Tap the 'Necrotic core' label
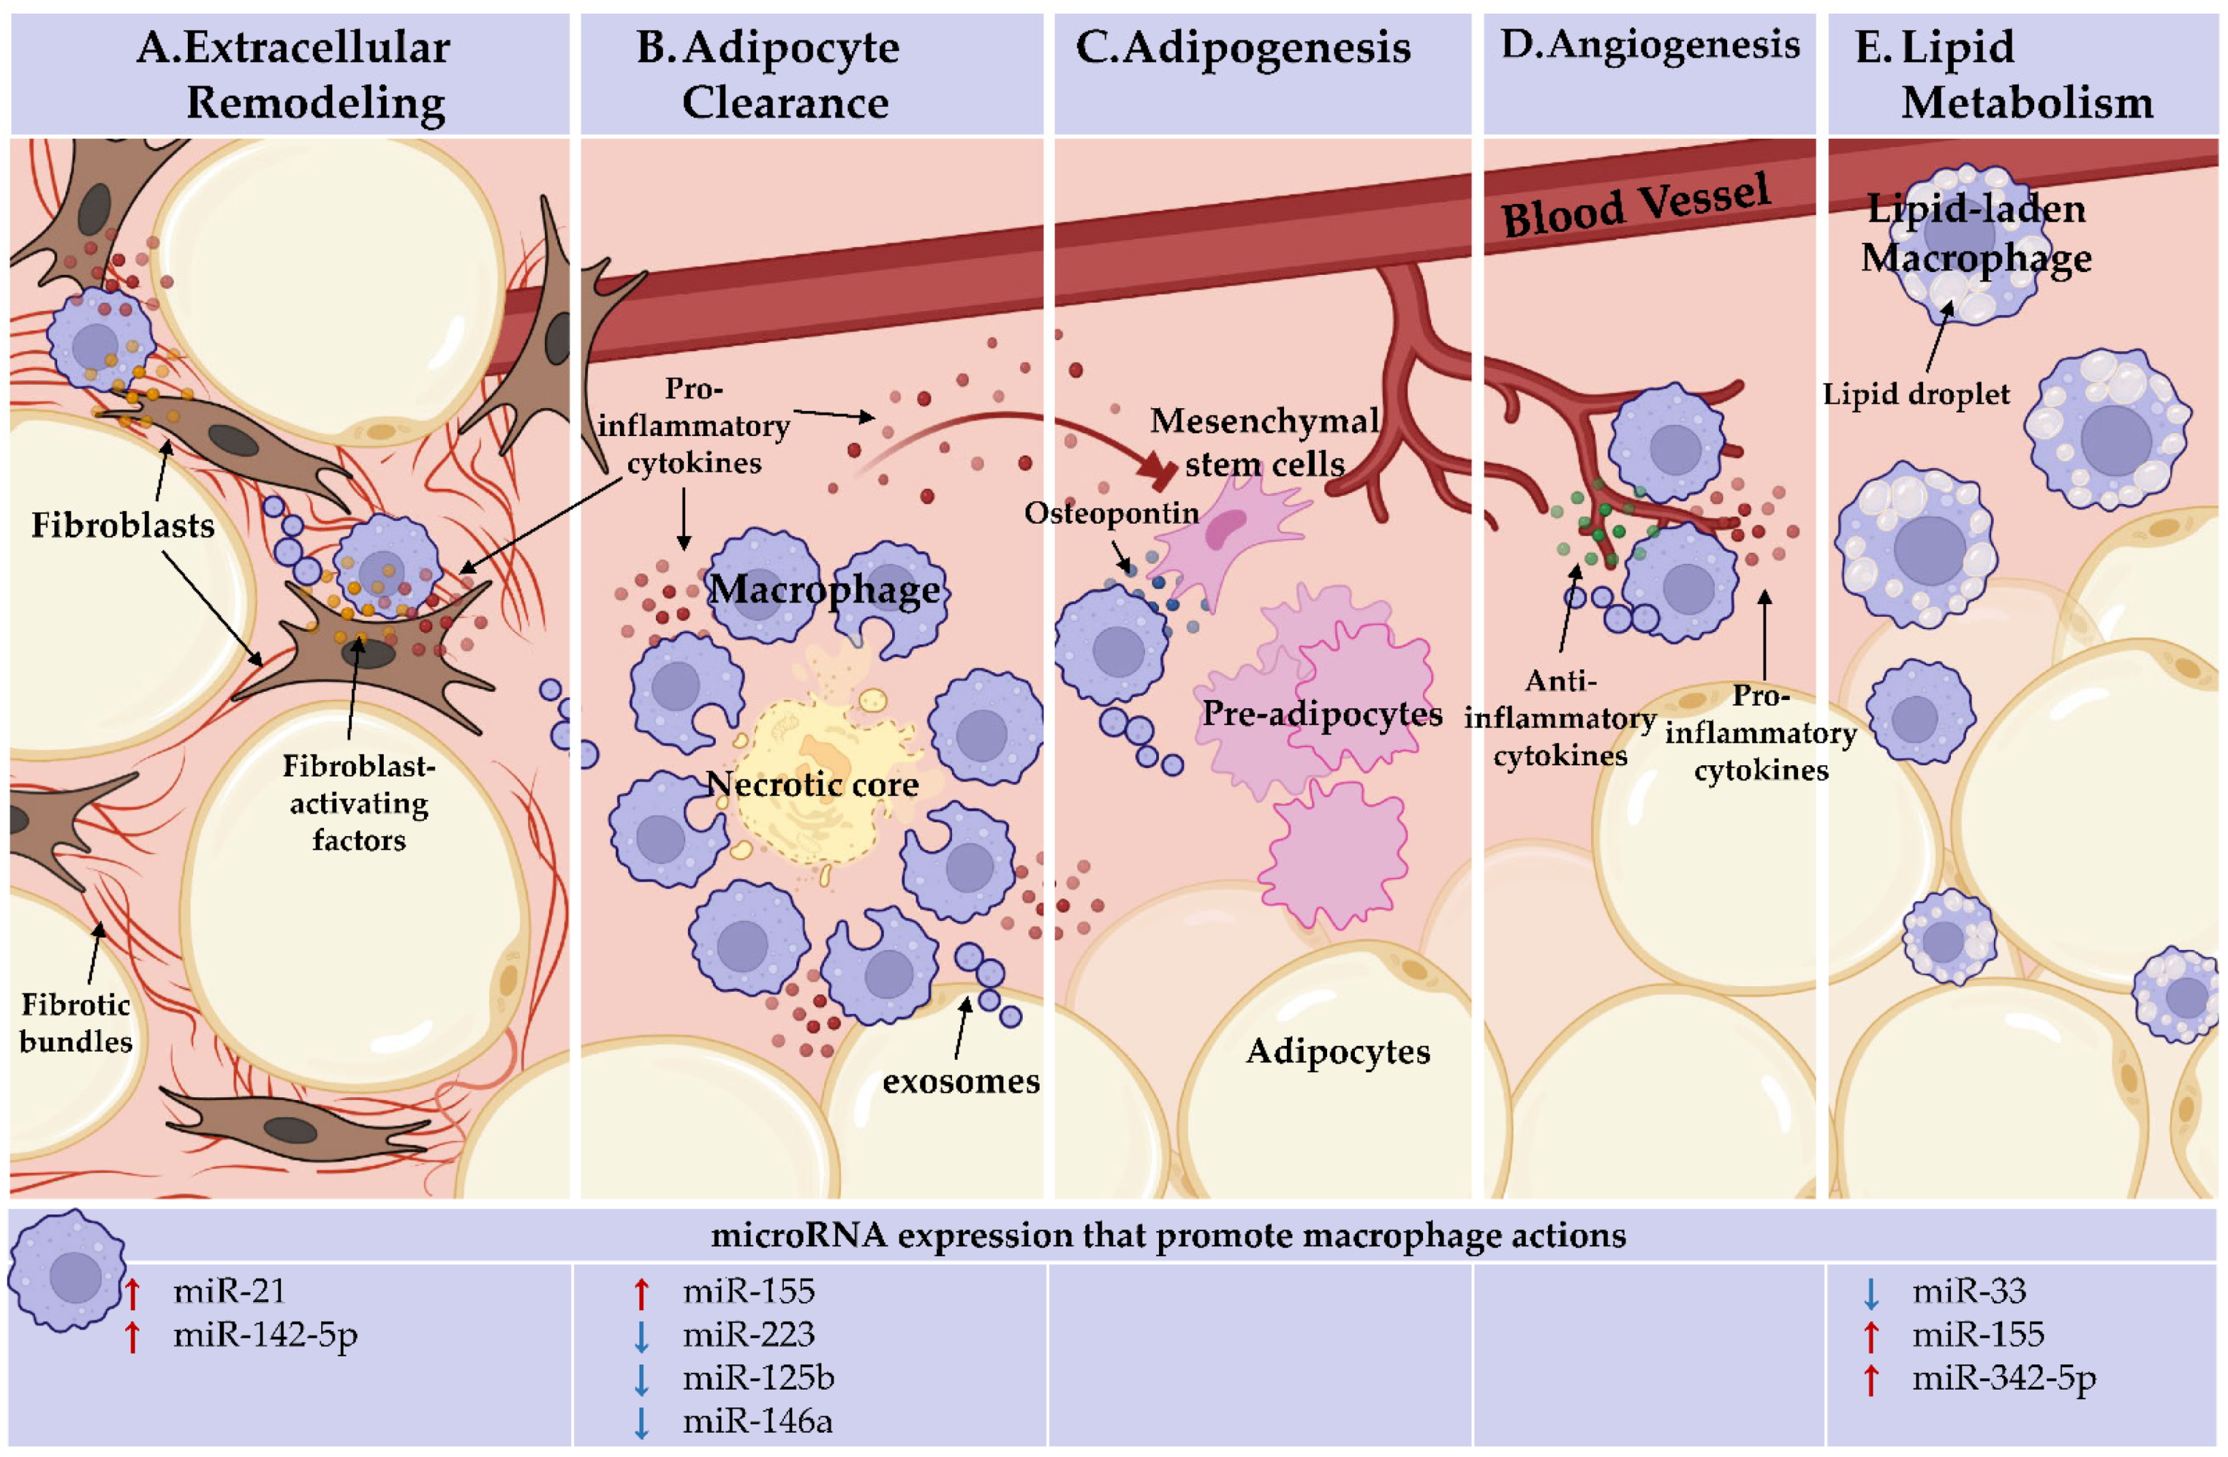point(812,784)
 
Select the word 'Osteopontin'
point(1111,513)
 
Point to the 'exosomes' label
point(960,1082)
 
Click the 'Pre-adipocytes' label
point(1322,714)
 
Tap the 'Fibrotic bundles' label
point(76,1023)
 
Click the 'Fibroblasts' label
point(122,526)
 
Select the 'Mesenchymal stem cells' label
point(1264,441)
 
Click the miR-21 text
point(229,1291)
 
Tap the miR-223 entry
point(749,1335)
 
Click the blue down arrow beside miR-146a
point(641,1422)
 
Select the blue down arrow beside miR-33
point(1871,1293)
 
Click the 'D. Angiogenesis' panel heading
point(1650,45)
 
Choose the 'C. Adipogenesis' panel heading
point(1243,47)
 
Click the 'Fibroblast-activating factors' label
point(359,803)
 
